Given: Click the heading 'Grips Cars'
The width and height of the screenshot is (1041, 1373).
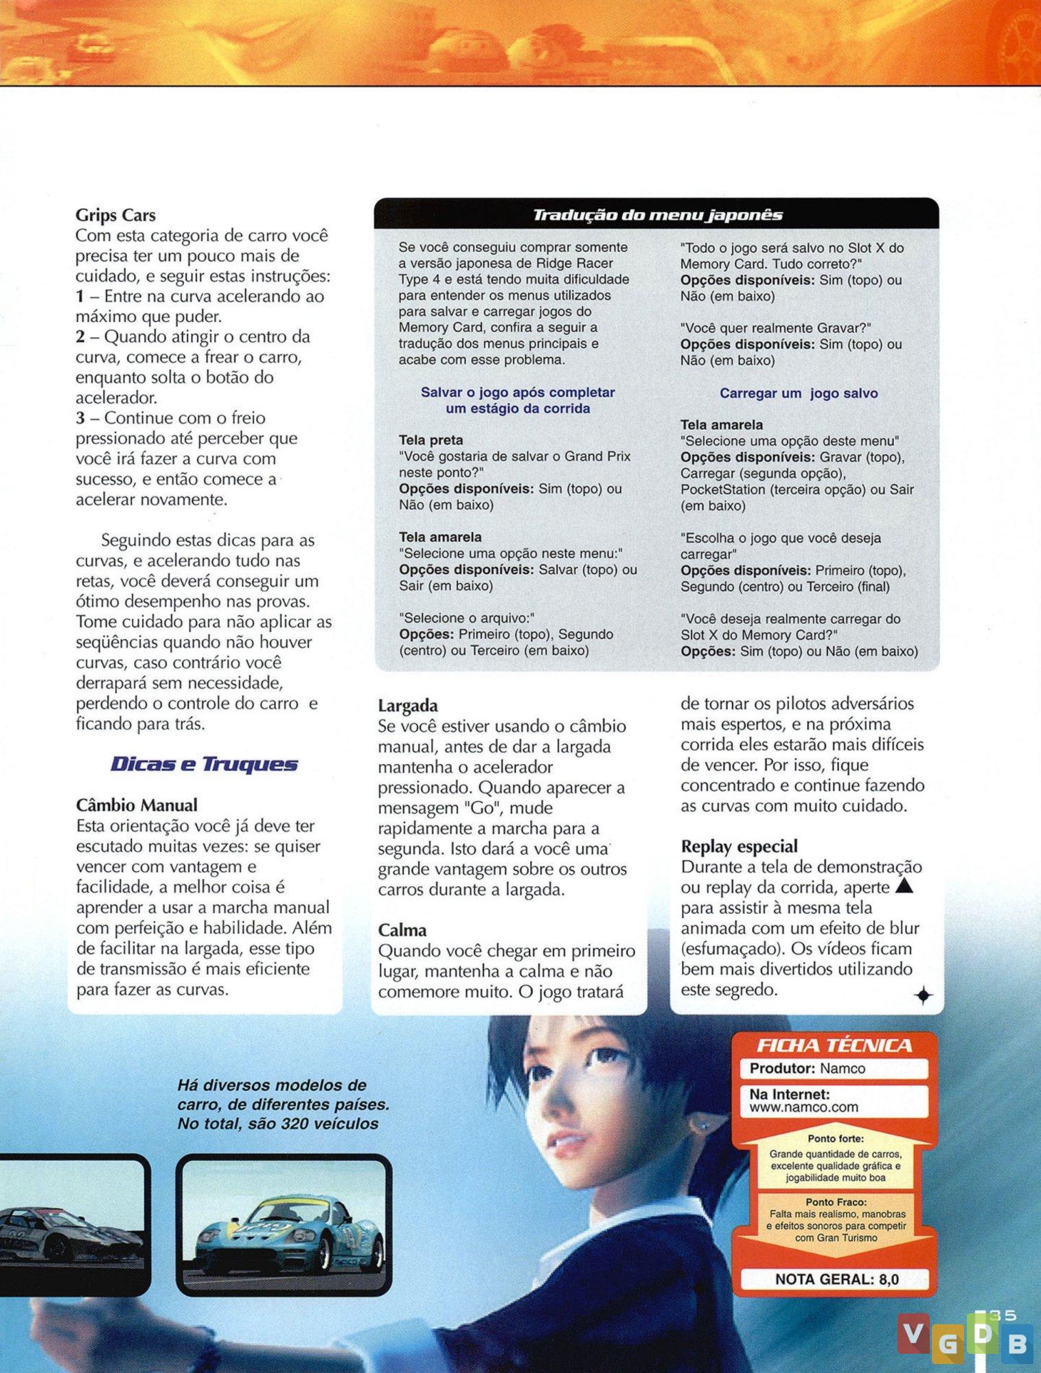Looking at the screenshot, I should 115,215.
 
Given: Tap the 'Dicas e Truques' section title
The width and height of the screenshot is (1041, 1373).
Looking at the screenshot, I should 204,765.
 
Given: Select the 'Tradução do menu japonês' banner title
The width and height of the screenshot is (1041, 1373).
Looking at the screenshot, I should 657,215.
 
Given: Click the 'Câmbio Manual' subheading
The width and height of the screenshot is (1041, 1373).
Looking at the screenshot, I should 137,805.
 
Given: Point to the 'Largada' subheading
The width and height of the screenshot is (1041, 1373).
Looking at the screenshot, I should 408,706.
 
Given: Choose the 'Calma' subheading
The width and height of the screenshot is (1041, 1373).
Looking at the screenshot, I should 402,930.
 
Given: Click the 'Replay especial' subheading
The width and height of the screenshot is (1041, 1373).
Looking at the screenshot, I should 739,846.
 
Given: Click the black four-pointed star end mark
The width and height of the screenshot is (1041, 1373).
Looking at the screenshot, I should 924,995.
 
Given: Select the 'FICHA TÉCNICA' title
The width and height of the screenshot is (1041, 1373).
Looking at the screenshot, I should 834,1046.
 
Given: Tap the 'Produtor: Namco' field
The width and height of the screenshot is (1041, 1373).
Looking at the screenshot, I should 807,1068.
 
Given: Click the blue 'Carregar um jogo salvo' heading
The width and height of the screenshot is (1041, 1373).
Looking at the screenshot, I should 799,393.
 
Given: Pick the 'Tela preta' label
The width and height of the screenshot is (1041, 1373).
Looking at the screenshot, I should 431,440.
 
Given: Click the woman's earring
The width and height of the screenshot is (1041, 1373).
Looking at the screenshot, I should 688,1126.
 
